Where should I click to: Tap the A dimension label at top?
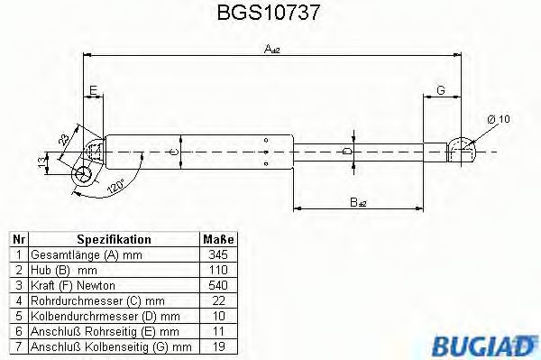(271, 50)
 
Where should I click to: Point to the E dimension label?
(93, 88)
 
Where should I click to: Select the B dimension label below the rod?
(358, 203)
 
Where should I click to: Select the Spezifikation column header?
(114, 239)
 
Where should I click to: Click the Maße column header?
(217, 239)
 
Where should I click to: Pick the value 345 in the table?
(217, 254)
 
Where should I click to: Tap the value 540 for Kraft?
(217, 285)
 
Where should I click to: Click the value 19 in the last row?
(217, 346)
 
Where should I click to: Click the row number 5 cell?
(18, 316)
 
